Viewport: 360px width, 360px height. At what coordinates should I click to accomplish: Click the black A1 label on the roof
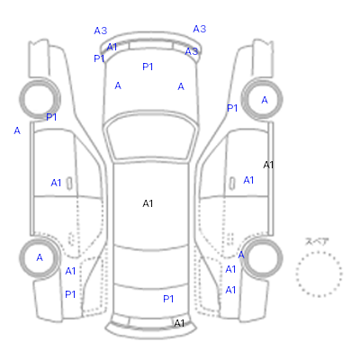pyautogui.click(x=148, y=203)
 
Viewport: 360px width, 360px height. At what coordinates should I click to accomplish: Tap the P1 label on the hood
pyautogui.click(x=148, y=67)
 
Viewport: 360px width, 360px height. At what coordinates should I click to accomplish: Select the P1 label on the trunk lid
pyautogui.click(x=168, y=299)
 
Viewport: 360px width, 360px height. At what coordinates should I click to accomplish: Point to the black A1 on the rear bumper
pyautogui.click(x=179, y=323)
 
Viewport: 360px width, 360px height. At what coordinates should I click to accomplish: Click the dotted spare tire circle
pyautogui.click(x=319, y=252)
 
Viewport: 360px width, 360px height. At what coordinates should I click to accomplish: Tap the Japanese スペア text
pyautogui.click(x=317, y=241)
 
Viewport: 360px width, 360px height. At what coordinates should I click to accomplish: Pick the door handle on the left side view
pyautogui.click(x=69, y=184)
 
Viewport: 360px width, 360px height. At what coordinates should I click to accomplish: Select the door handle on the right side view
pyautogui.click(x=232, y=184)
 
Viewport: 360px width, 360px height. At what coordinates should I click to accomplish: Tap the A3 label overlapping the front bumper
pyautogui.click(x=192, y=51)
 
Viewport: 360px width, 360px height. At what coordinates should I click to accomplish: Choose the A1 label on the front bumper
pyautogui.click(x=112, y=47)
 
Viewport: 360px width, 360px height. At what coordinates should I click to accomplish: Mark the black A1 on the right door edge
pyautogui.click(x=268, y=165)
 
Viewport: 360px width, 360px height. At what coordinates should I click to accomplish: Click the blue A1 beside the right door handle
pyautogui.click(x=248, y=180)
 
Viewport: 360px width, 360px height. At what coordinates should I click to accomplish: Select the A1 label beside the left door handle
pyautogui.click(x=56, y=183)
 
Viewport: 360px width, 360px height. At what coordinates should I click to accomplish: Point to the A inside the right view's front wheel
pyautogui.click(x=265, y=100)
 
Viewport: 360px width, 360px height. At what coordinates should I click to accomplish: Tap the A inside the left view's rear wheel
pyautogui.click(x=40, y=257)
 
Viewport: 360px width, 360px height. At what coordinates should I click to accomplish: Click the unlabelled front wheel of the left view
pyautogui.click(x=21, y=99)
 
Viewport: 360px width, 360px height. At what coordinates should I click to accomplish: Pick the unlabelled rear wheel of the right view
pyautogui.click(x=281, y=258)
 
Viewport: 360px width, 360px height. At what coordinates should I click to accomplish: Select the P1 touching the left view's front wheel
pyautogui.click(x=51, y=117)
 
